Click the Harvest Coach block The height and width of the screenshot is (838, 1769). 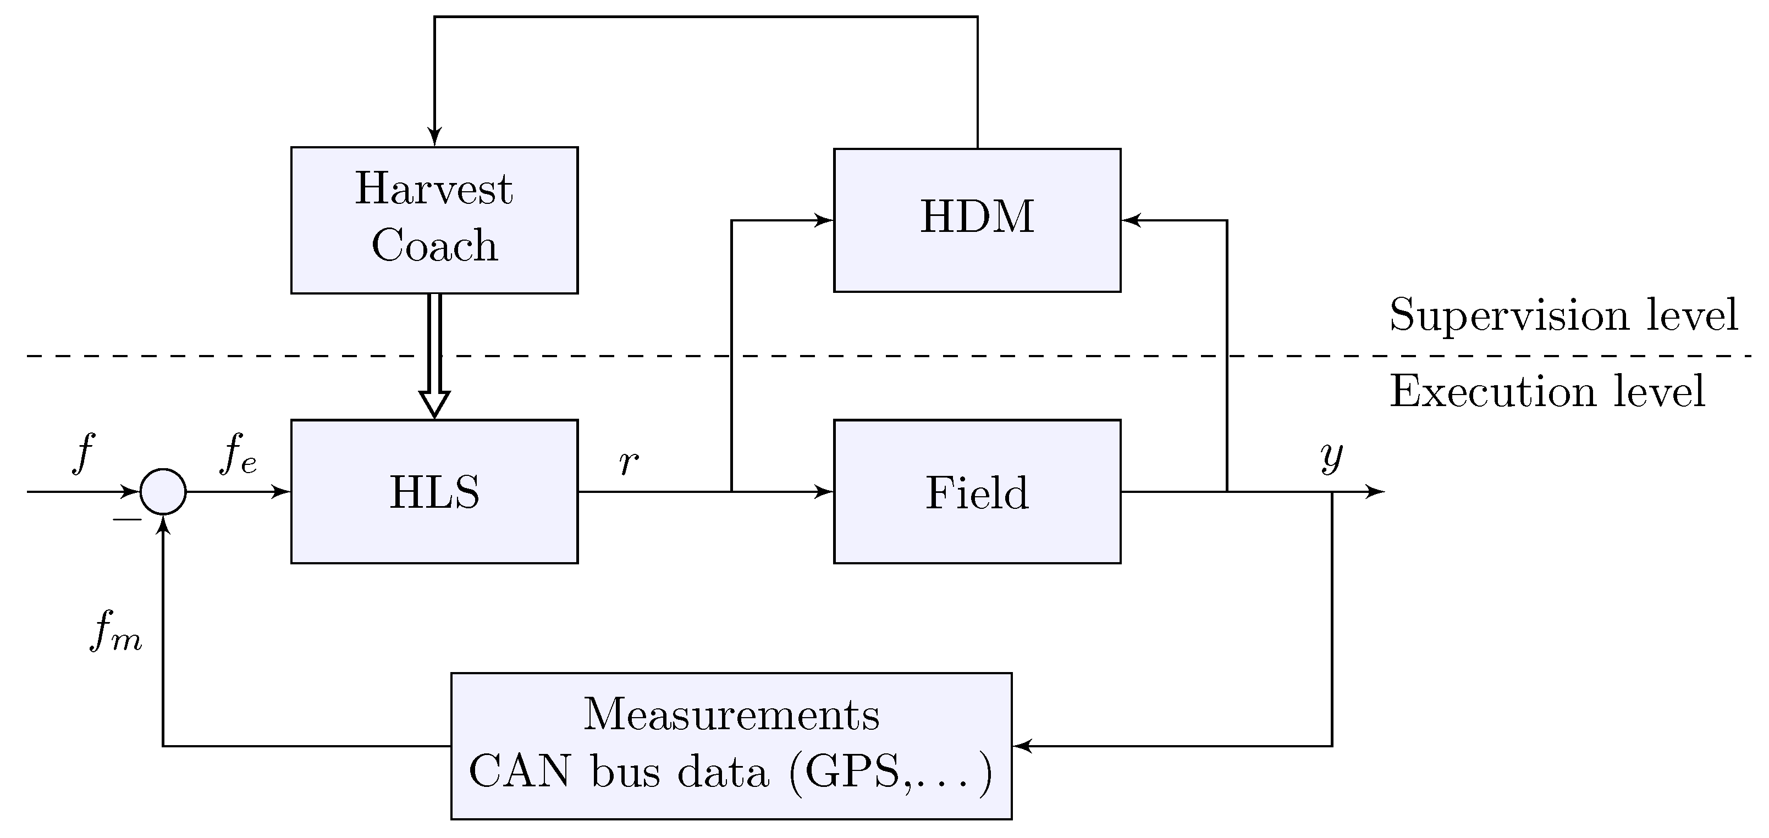[434, 220]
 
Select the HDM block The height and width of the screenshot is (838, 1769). [977, 220]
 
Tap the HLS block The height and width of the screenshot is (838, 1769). [434, 491]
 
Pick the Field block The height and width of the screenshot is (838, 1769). [977, 491]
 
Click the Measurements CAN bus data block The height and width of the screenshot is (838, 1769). [731, 745]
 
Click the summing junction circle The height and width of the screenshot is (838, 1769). [163, 491]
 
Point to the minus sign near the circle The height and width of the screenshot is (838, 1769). [127, 519]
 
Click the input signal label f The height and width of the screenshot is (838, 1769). [82, 453]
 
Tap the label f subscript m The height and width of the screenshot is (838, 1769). [115, 631]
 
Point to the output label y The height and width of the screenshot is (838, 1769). [1331, 457]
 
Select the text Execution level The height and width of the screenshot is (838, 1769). [1546, 392]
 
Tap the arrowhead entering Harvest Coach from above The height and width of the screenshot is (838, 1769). [434, 137]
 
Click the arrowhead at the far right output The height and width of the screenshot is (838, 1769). [1375, 491]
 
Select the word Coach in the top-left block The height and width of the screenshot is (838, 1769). [434, 246]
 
